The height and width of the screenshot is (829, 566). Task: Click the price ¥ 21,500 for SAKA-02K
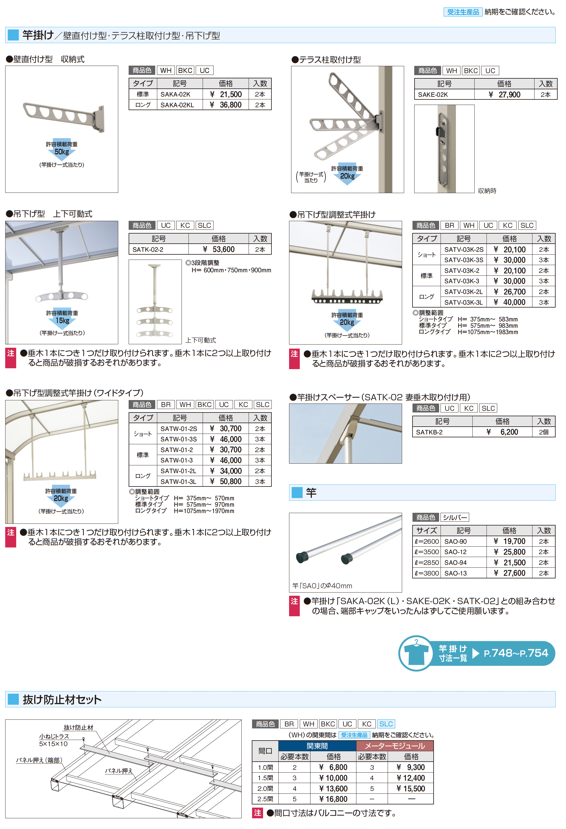tap(226, 95)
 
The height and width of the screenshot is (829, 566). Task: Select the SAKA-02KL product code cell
tap(177, 105)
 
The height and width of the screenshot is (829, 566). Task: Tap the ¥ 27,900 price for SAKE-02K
tap(504, 95)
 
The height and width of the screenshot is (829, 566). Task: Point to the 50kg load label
tap(62, 152)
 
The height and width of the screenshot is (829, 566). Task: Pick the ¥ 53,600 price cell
tap(219, 249)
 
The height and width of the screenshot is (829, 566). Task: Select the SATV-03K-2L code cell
tap(463, 292)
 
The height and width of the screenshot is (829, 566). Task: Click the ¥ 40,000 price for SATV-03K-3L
tap(510, 302)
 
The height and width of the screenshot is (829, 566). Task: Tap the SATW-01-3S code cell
tap(179, 439)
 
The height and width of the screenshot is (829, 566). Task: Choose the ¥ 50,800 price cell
tap(226, 482)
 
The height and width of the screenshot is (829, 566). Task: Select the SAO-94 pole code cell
tap(456, 562)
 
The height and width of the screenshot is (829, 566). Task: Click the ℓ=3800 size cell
tap(427, 573)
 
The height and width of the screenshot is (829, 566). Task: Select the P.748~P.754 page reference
tap(516, 653)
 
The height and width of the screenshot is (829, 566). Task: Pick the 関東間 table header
tap(317, 746)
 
